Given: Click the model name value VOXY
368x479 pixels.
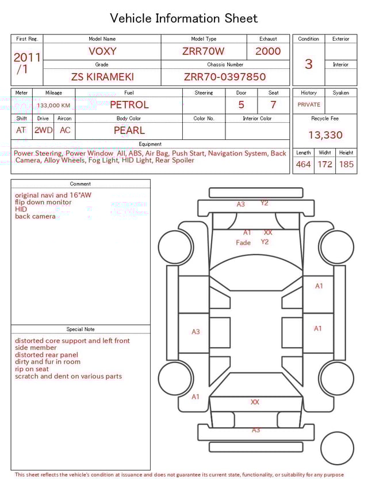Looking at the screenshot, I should point(102,51).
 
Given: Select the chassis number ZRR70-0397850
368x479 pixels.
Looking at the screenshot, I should point(225,77).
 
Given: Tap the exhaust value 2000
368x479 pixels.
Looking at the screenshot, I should point(268,51).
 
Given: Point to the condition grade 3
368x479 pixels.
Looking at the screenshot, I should point(308,64).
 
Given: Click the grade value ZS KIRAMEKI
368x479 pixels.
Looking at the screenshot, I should point(102,77).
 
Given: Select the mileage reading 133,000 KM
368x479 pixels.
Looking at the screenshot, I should point(53,106).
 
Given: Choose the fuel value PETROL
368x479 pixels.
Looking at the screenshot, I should point(129,105).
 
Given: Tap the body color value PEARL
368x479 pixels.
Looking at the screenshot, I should point(129,130).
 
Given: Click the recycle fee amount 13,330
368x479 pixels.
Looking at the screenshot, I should point(325,135).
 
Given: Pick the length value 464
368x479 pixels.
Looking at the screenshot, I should point(303,165).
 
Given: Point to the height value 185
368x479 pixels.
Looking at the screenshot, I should point(346,165).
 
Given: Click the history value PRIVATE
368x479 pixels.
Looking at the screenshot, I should point(309,105).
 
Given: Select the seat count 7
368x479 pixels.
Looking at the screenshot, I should point(273,105).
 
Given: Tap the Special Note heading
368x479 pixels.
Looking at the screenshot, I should point(80,329).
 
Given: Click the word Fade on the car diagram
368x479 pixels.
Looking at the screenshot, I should point(243,243).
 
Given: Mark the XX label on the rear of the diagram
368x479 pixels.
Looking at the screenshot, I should point(255,402).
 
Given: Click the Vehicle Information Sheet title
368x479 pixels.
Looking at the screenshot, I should point(184,18).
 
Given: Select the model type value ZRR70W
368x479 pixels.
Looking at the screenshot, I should point(204,51).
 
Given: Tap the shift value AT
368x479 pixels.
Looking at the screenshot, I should point(21,130).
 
